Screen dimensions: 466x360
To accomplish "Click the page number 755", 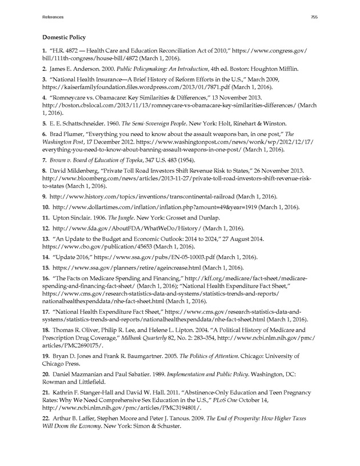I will point(314,18).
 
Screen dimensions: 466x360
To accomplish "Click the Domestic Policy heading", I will point(64,37).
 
